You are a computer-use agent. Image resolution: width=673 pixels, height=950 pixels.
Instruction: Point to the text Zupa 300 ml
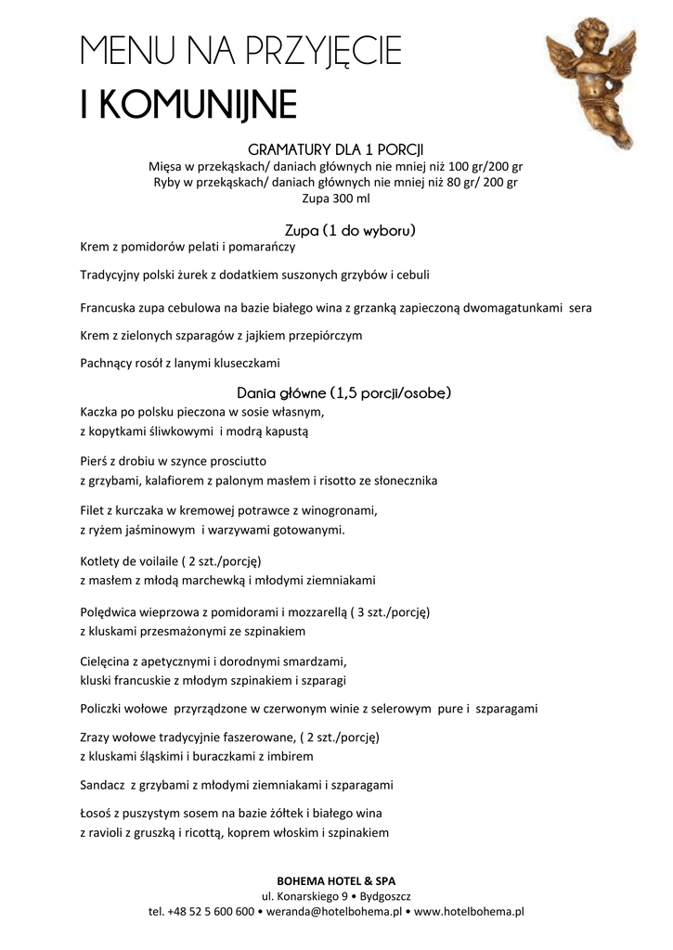[x=335, y=198]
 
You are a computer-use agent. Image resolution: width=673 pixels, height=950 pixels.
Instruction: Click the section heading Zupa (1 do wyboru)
[x=335, y=229]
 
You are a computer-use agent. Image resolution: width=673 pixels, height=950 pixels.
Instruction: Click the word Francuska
[x=109, y=307]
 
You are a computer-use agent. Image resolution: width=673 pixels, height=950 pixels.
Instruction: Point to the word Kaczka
[x=100, y=411]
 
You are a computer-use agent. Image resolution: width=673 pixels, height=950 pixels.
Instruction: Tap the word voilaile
[x=152, y=560]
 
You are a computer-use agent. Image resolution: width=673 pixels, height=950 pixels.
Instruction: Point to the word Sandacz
[x=102, y=784]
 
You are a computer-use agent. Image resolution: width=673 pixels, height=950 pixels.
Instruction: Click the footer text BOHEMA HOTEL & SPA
[x=335, y=879]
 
